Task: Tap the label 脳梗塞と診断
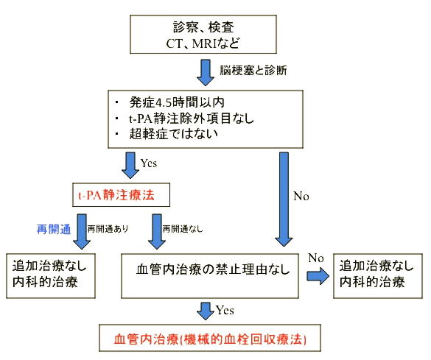click(253, 71)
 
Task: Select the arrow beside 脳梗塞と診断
click(206, 72)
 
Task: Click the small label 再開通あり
click(108, 229)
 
